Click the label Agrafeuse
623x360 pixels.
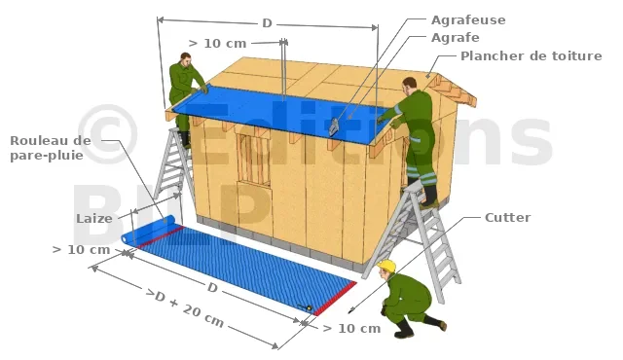pos(468,20)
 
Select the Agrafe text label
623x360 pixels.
pos(455,38)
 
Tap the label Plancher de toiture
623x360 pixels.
pos(531,56)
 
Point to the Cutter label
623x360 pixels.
pos(507,218)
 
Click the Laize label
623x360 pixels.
pos(94,218)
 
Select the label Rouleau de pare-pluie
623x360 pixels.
pos(51,148)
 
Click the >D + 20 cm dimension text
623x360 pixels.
pos(185,307)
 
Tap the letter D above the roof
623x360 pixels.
pos(267,23)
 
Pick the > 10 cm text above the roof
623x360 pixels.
pos(217,43)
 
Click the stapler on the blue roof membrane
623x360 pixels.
pos(334,126)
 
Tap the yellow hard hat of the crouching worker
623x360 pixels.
pos(387,266)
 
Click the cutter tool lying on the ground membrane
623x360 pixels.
pos(306,306)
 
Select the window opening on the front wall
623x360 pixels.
pos(253,160)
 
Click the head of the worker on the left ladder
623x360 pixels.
pos(186,59)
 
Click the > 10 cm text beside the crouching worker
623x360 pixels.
pos(351,328)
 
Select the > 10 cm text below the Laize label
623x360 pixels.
pos(81,250)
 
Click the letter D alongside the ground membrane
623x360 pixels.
pos(212,287)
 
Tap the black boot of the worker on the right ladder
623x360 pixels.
pos(429,197)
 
